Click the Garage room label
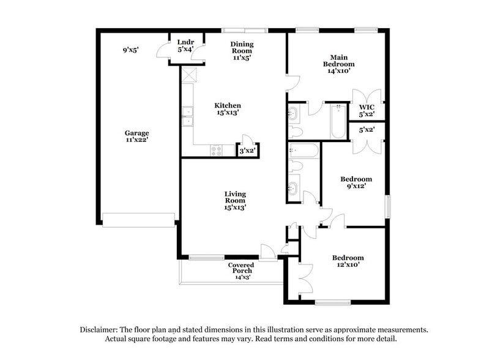point(137,136)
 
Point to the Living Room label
point(235,201)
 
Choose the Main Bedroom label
point(339,64)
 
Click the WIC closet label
point(367,110)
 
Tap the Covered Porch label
point(240,271)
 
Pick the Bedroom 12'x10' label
point(348,261)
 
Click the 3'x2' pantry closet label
point(247,150)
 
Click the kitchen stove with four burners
point(217,151)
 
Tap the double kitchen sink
point(187,115)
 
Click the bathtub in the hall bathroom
point(303,151)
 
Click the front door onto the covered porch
point(267,252)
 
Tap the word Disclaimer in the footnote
point(99,329)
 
